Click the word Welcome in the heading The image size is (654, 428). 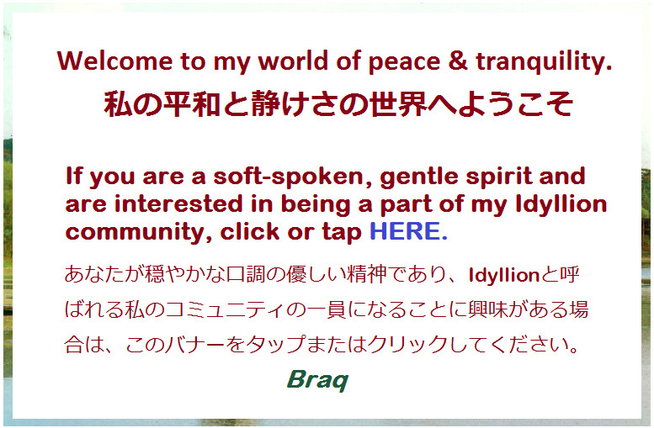tap(114, 61)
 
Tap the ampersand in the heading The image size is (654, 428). tap(458, 61)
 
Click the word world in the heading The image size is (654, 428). tap(293, 61)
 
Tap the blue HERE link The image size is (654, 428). tap(408, 231)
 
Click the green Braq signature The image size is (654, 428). tap(317, 380)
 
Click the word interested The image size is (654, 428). tap(178, 204)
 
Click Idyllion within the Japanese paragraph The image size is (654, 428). tap(504, 276)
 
